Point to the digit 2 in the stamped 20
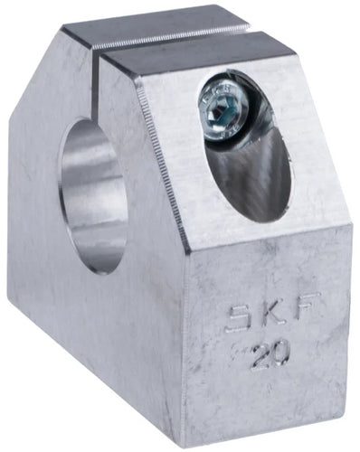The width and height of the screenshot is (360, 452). [261, 356]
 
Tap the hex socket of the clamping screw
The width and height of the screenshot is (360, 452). [223, 113]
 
